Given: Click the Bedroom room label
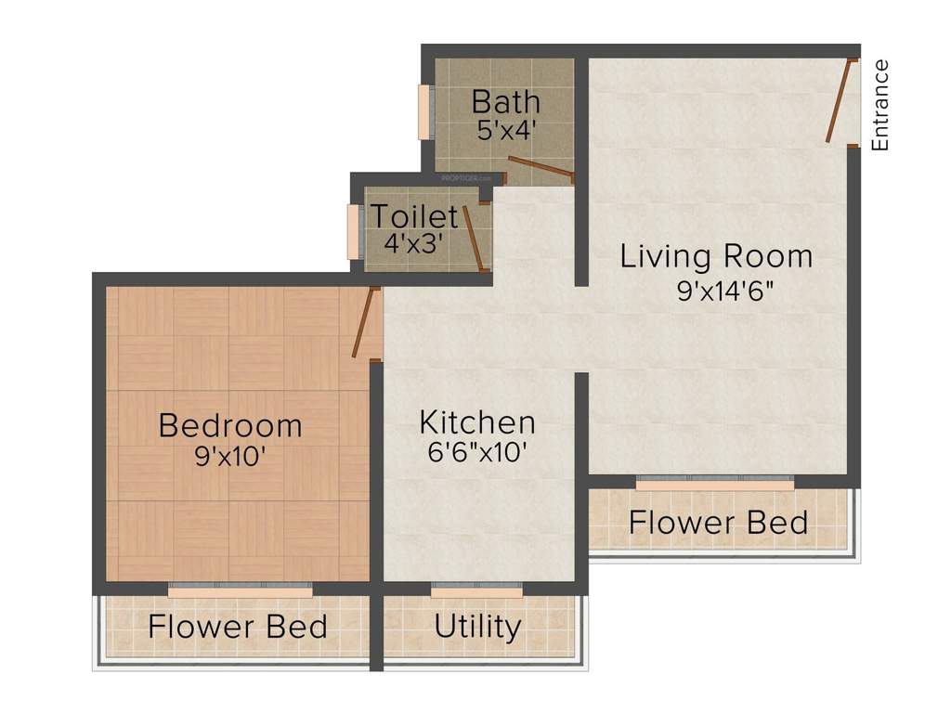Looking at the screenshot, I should [230, 425].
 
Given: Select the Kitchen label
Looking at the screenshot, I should [477, 422].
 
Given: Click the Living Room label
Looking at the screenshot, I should [716, 255].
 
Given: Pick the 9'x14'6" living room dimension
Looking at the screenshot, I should [725, 291].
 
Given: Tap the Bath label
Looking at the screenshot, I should [505, 100].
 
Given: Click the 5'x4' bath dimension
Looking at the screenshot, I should [506, 130].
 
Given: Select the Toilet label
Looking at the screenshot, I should [414, 216].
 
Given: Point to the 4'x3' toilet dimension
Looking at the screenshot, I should [412, 244].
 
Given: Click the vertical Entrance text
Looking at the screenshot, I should [880, 104].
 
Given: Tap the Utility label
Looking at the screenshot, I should [477, 627].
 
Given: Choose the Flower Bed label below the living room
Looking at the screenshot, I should [718, 523].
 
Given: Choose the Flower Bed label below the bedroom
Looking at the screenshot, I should [238, 627].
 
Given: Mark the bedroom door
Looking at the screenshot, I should [366, 322].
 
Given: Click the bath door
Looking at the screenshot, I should [541, 168].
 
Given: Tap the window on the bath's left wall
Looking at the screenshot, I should [424, 112].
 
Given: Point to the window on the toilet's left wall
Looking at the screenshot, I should [354, 231].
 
